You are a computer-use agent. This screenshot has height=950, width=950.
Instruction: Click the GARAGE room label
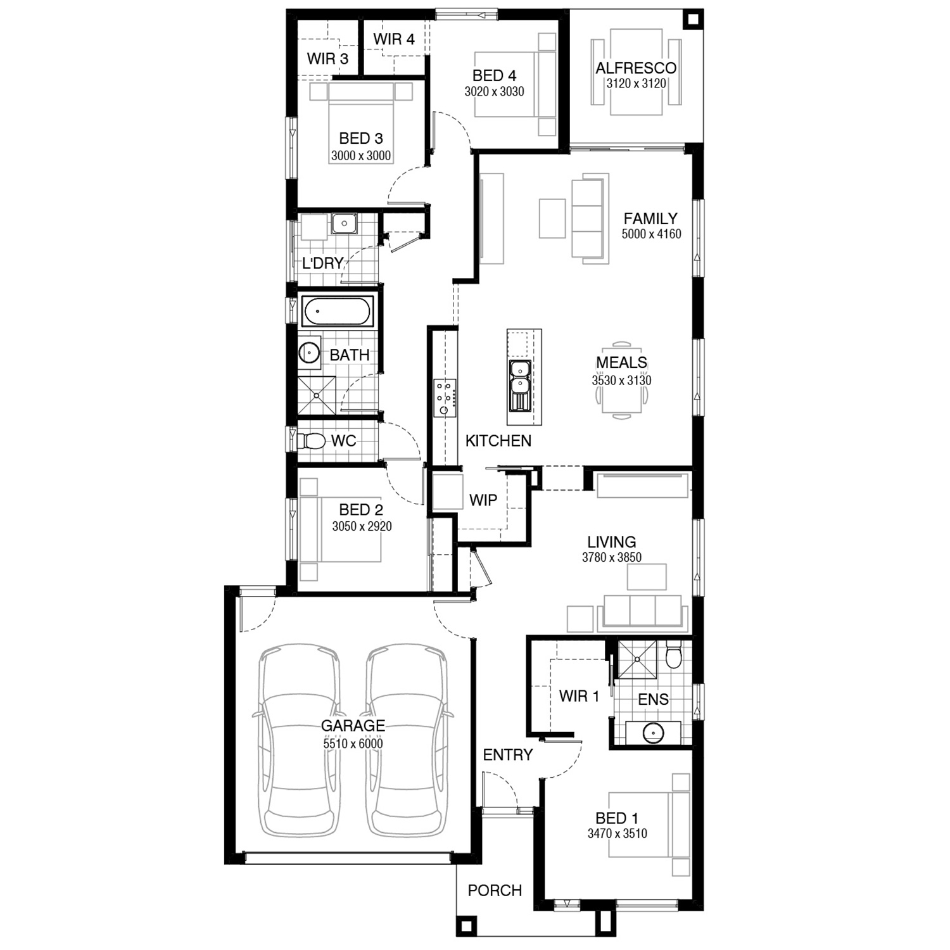coord(353,726)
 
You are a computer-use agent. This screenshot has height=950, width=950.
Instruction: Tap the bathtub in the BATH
coord(336,312)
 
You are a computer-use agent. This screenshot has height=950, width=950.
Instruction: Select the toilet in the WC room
coord(311,440)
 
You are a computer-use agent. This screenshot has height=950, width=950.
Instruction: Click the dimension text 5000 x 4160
coord(651,234)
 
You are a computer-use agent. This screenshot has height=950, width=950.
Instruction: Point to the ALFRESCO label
coord(636,68)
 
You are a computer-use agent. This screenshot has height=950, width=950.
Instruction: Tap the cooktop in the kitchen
coord(445,398)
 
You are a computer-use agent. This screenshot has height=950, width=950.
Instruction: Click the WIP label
coord(483,500)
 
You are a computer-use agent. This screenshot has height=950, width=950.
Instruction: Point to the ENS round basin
coord(653,733)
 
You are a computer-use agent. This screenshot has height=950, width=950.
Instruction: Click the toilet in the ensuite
coord(673,655)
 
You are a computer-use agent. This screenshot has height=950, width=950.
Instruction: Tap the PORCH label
coord(495,890)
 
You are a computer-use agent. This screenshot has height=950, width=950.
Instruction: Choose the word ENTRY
coord(507,755)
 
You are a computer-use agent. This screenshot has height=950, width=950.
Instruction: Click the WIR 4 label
coord(393,39)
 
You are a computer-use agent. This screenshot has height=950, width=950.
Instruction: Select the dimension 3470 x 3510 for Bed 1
coord(617,833)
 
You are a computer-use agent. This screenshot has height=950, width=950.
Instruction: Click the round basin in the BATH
coord(309,352)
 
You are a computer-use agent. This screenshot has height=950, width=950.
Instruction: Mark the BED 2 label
coord(361,509)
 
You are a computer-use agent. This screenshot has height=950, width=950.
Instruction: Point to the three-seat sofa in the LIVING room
coord(643,612)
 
